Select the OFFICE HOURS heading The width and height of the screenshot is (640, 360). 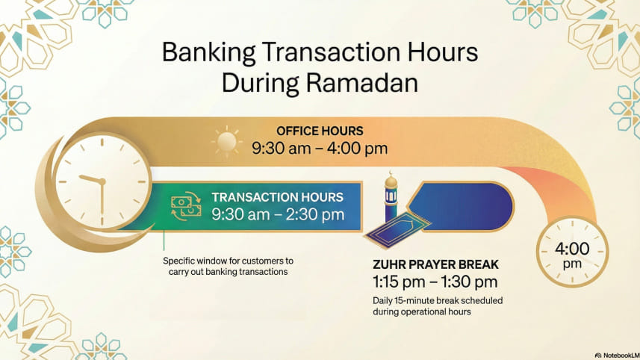coord(320,130)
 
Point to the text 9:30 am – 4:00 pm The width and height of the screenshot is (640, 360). coord(320,148)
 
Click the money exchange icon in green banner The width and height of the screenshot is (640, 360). coord(186,206)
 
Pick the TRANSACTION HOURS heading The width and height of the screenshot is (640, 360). coord(277,197)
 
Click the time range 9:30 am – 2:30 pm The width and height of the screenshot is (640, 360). coord(277,215)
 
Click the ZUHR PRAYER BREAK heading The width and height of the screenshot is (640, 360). coord(435,265)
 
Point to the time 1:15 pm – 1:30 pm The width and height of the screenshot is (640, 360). coord(435,282)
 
